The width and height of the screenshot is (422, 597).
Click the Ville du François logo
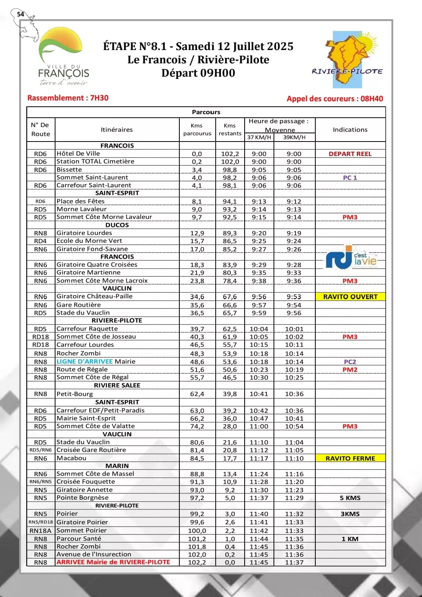coord(63,57)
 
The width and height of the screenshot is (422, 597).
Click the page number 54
coord(20,14)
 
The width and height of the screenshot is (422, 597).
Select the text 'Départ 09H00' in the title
coord(198,73)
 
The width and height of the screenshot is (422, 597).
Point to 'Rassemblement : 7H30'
coord(68,98)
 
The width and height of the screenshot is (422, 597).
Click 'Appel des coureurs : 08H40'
coord(335,99)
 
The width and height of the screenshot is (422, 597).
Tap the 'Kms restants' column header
coord(230,129)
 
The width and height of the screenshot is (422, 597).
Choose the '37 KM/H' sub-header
coord(259,137)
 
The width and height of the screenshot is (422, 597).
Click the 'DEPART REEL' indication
coord(350,154)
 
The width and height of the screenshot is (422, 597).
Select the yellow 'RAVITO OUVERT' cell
coord(350,297)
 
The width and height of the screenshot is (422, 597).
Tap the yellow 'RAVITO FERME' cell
coord(350,458)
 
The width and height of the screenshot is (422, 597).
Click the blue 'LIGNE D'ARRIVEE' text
coord(84,362)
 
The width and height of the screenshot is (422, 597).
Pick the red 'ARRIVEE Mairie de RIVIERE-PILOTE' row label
coord(113,562)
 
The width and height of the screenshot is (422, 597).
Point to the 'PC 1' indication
coord(350,177)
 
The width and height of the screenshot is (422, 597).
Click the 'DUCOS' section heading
coord(117,225)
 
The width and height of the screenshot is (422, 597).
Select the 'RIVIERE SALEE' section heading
coord(117,385)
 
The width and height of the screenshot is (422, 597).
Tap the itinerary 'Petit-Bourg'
coord(75,394)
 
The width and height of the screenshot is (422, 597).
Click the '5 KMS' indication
coord(350,498)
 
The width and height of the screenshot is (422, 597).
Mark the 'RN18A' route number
coord(41,531)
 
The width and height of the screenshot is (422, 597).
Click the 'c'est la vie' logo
coord(351,258)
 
